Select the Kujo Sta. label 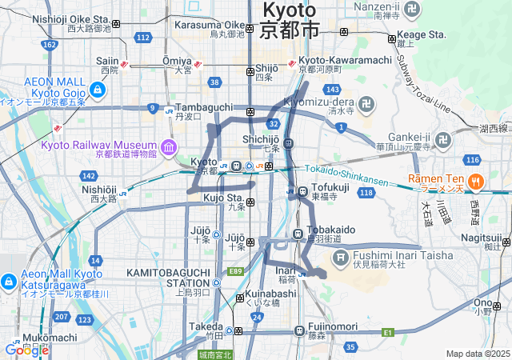pos(223,197)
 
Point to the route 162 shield pos(49,45)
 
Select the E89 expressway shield pos(235,272)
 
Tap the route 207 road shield pos(61,318)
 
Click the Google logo pos(26,350)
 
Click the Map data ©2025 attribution pos(477,354)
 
